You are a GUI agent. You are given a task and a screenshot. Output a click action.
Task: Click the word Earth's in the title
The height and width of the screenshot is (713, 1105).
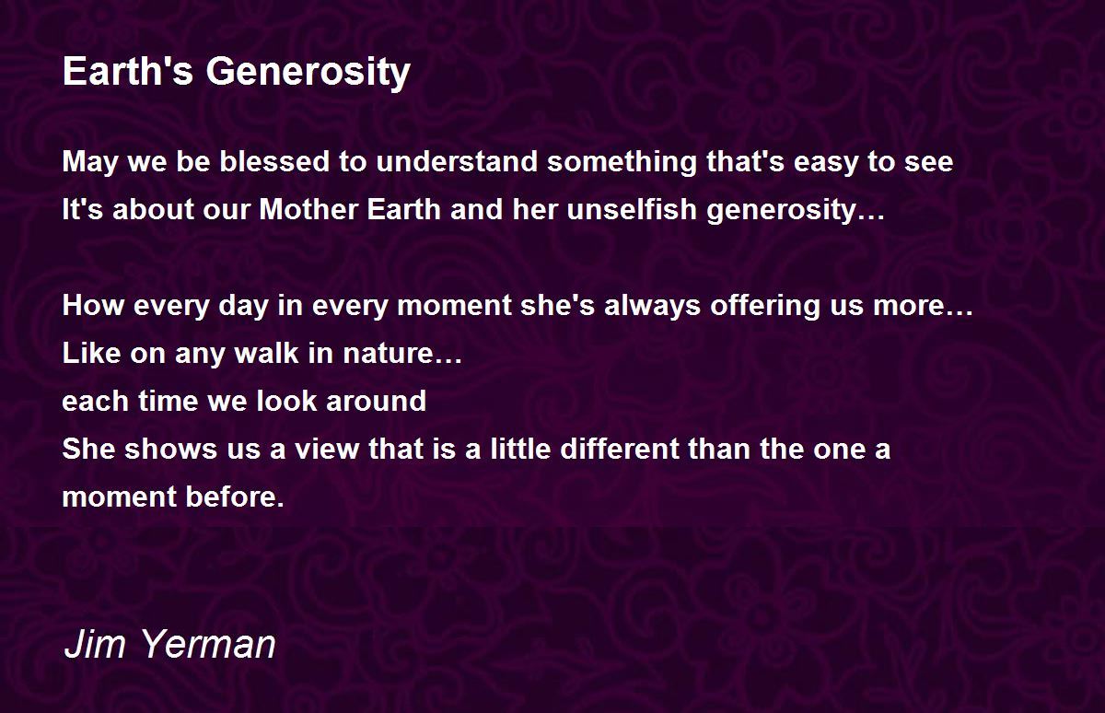point(128,71)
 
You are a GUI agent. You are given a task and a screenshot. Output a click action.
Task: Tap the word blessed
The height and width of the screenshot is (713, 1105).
point(274,161)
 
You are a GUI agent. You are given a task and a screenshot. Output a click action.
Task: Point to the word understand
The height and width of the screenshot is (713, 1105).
point(457,161)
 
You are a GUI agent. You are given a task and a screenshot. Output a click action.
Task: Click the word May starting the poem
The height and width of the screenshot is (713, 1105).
point(90,163)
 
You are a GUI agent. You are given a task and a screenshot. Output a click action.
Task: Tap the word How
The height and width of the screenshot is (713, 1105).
point(93,305)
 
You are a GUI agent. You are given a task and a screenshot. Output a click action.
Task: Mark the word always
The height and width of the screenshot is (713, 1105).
point(652,307)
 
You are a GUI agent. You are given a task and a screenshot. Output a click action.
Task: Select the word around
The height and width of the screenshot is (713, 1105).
point(377,400)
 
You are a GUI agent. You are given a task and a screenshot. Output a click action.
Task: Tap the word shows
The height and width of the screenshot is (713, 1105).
point(170,449)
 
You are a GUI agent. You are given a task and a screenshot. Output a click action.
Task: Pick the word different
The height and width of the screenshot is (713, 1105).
point(620,449)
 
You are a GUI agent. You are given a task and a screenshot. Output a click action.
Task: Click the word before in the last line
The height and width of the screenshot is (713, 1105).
point(235,496)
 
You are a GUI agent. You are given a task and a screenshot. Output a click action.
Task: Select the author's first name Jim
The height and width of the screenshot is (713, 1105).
point(94,644)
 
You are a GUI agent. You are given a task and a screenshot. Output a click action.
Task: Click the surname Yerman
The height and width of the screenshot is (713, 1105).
point(208,644)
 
